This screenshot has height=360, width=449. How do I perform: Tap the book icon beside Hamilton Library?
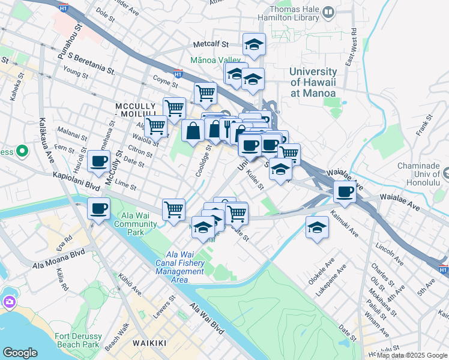pos(328,12)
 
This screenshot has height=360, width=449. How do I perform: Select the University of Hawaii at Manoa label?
pos(313,82)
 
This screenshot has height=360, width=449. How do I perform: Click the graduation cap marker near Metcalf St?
pos(254,44)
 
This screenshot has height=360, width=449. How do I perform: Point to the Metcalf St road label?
pos(211,44)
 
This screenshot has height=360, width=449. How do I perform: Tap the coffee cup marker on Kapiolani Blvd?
pos(98,209)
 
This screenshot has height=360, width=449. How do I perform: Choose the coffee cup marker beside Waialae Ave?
pos(345,191)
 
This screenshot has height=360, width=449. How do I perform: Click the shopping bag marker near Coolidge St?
pos(192,131)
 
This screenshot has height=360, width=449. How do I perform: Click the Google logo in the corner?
pos(20,352)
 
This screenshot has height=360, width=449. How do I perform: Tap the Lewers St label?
pos(163,306)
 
